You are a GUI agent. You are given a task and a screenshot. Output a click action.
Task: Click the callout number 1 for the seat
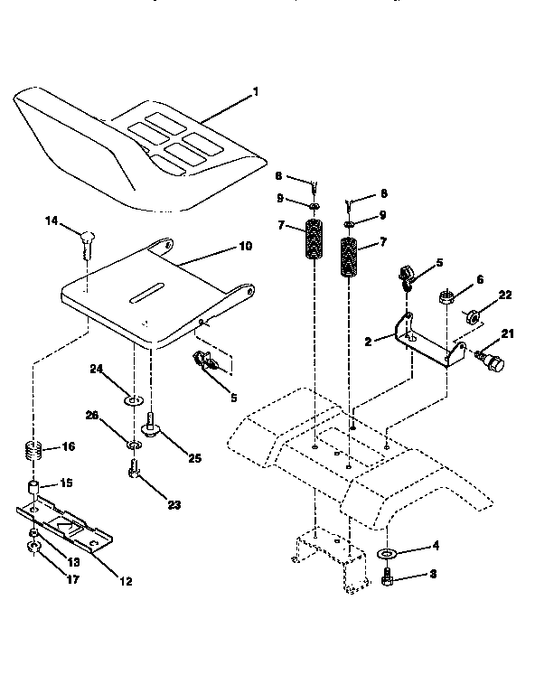(256, 91)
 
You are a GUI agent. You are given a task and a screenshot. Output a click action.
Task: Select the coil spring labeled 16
(34, 449)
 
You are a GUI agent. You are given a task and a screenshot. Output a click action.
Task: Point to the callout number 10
(246, 246)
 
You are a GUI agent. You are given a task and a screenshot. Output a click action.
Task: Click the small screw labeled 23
(134, 471)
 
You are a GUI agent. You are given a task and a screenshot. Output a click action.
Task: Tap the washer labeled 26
(134, 445)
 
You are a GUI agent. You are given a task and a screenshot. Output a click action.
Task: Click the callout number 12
(126, 581)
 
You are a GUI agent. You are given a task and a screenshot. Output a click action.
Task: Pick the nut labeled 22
(472, 317)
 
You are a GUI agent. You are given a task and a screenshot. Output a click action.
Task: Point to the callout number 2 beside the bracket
(369, 342)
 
